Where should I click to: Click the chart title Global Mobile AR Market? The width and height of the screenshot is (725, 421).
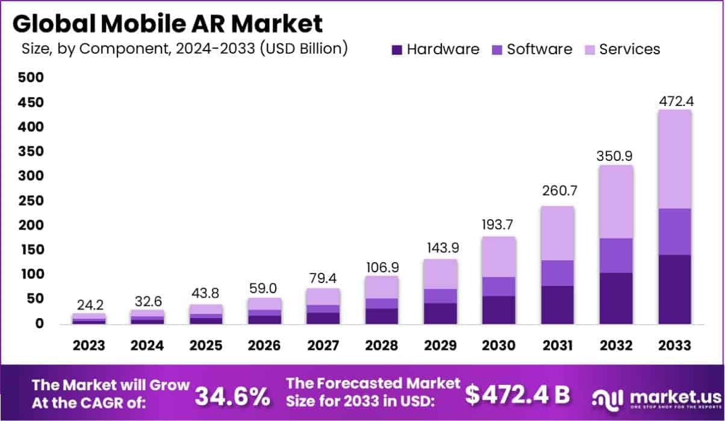click(167, 23)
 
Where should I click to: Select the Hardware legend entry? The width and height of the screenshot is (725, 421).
click(435, 49)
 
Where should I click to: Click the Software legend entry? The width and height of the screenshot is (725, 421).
click(532, 49)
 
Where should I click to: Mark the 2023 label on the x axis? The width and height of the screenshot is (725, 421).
click(89, 346)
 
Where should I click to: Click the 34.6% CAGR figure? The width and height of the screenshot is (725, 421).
click(232, 396)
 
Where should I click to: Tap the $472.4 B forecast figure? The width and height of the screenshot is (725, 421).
click(517, 394)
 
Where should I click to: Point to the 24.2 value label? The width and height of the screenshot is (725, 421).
click(89, 304)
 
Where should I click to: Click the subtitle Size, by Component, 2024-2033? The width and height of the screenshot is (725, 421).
click(184, 49)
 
